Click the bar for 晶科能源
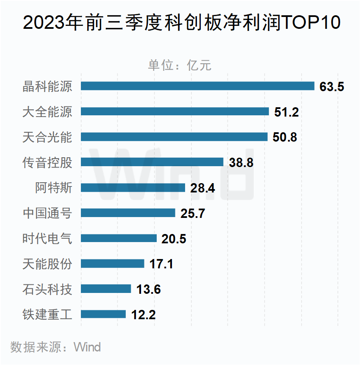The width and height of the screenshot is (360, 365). coord(197,86)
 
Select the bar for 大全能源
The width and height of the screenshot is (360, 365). coord(174,111)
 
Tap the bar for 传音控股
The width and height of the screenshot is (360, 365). coord(152,162)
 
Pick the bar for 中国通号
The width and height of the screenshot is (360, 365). coord(127,213)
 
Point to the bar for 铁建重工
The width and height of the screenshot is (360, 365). coord(103,314)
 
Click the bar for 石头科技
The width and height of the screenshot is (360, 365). coord(105,289)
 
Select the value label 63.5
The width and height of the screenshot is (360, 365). coord(332,86)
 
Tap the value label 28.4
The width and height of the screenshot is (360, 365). coord(202,188)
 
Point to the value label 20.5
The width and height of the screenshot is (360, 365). coord(174,239)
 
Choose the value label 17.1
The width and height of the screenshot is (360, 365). coord(161,264)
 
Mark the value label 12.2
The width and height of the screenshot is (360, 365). coord(143,315)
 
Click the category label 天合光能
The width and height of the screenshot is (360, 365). coord(47,137)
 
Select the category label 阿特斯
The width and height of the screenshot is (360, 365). coord(53,187)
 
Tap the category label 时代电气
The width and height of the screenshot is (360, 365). coord(47,238)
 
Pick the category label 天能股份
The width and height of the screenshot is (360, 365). coord(47,264)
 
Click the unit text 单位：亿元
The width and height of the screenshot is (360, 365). coord(179,65)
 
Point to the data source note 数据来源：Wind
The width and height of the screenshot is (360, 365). coord(55,347)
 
